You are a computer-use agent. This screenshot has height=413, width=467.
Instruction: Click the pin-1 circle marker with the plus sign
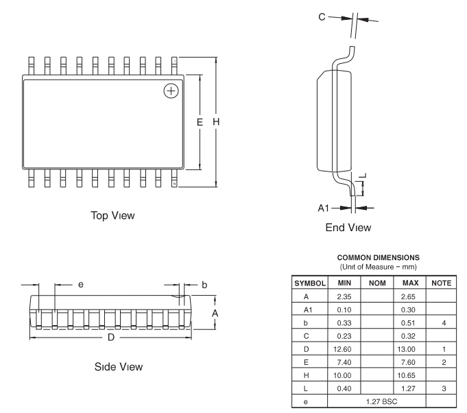(171, 91)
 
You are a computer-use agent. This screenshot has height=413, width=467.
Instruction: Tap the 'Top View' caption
(112, 215)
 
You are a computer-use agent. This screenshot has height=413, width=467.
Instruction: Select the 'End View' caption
(348, 228)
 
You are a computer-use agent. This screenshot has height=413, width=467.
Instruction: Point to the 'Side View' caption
(119, 367)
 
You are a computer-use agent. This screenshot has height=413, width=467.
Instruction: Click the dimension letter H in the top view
(216, 121)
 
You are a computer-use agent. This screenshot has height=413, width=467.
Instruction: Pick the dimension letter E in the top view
(200, 122)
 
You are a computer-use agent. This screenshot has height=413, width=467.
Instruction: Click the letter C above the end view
(322, 17)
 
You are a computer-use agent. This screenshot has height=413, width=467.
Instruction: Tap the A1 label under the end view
(324, 208)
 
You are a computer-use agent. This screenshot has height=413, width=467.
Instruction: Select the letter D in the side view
(111, 338)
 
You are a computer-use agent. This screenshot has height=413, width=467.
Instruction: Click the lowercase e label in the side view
(81, 285)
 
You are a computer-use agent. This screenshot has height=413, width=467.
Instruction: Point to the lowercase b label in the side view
(204, 285)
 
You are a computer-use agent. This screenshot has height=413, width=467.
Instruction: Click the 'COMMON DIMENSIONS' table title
(379, 257)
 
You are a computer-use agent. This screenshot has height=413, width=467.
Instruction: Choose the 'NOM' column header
(377, 283)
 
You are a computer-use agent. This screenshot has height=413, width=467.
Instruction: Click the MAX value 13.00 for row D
(406, 349)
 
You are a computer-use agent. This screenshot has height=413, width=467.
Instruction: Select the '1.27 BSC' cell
(381, 401)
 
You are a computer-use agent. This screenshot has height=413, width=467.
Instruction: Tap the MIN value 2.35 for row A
(344, 297)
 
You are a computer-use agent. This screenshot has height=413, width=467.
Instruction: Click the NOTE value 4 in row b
(444, 323)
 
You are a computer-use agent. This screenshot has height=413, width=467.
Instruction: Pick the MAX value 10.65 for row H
(406, 375)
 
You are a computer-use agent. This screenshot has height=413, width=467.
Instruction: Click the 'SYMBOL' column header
(310, 283)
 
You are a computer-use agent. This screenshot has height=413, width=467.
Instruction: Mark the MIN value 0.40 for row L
(344, 388)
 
